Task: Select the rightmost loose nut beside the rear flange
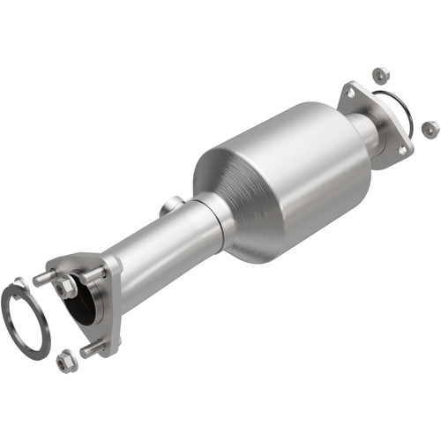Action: (430, 129)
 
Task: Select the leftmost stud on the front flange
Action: (41, 278)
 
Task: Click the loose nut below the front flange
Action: (64, 360)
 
